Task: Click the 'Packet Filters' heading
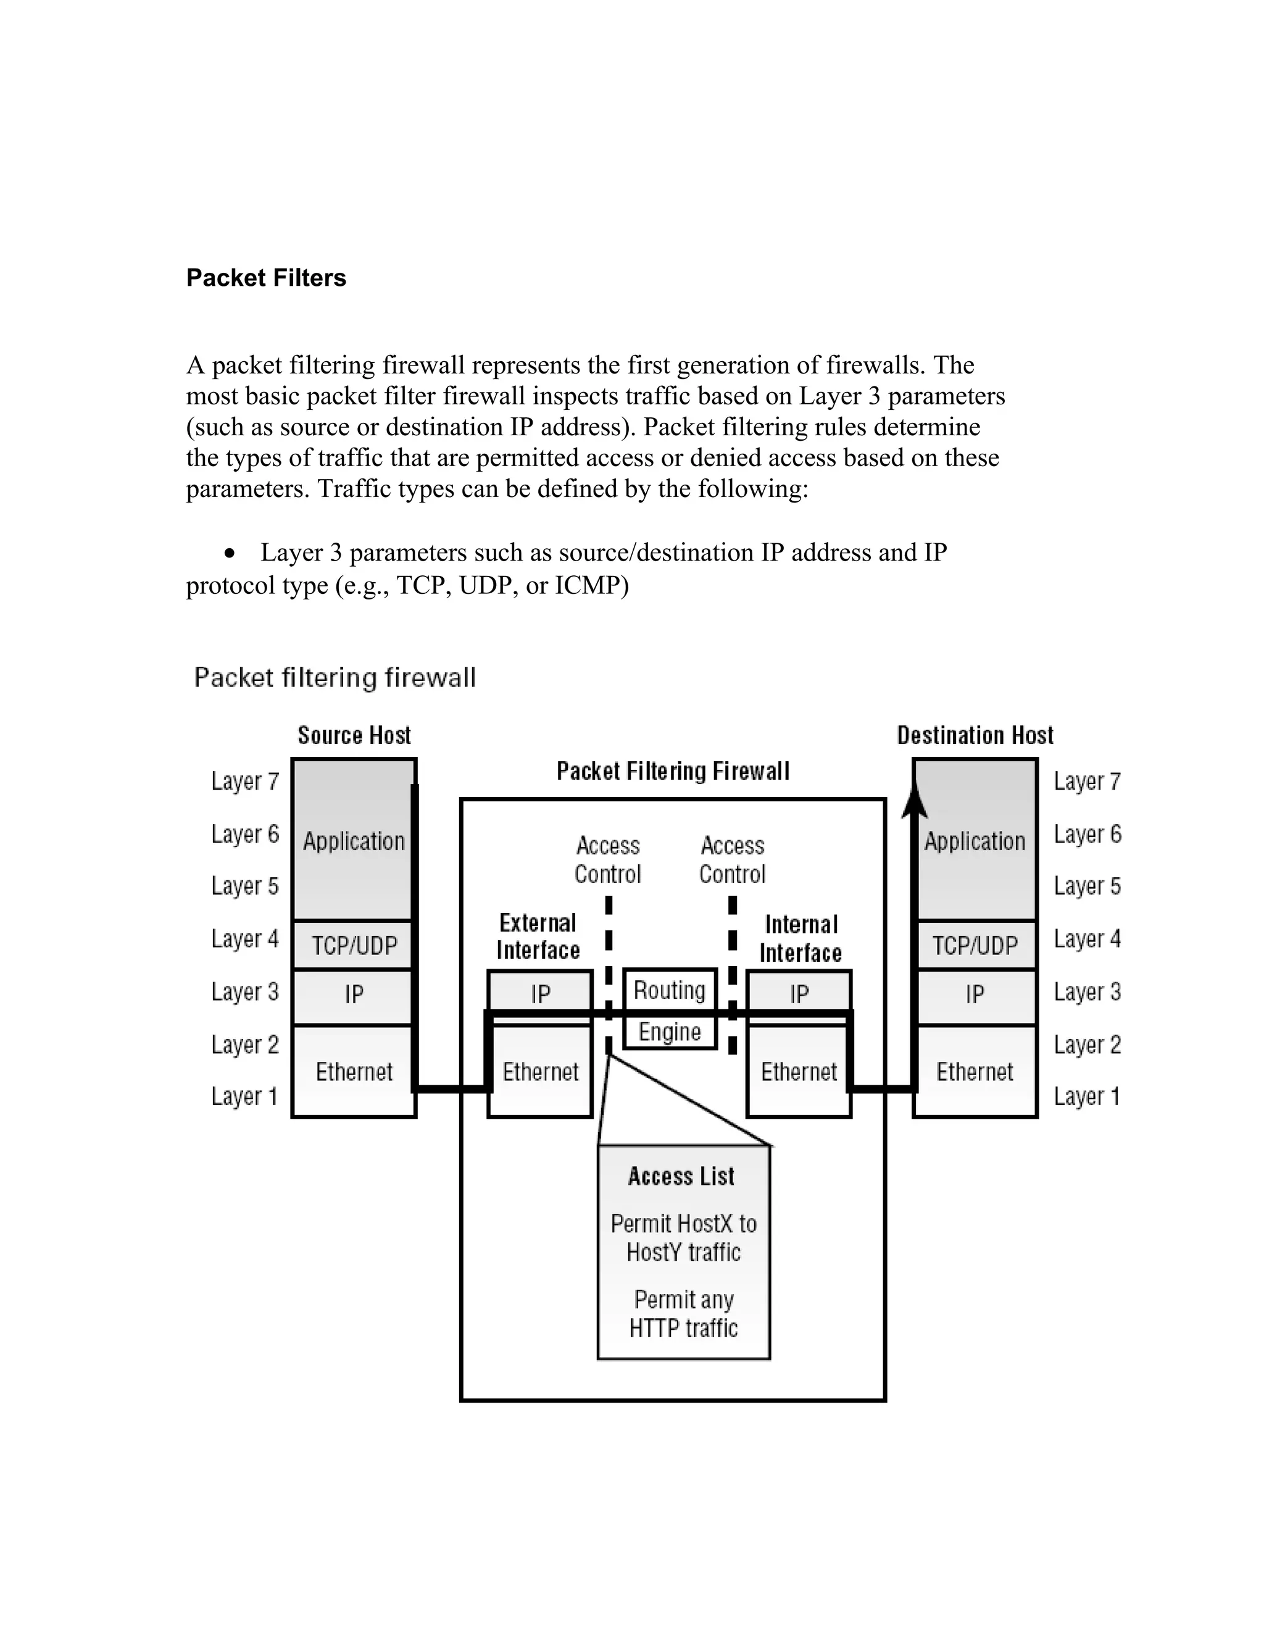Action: (x=266, y=278)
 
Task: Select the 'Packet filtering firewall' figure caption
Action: (x=335, y=678)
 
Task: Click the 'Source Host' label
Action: (x=354, y=735)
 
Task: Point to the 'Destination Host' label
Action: (x=975, y=735)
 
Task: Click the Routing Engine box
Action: (x=670, y=1008)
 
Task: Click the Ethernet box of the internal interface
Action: (x=798, y=1071)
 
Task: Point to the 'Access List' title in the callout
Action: (x=681, y=1176)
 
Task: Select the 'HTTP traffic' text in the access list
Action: (x=683, y=1328)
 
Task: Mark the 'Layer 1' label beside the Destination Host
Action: (x=1086, y=1096)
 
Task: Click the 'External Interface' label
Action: (x=538, y=937)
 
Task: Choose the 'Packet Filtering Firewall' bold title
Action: (x=673, y=771)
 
